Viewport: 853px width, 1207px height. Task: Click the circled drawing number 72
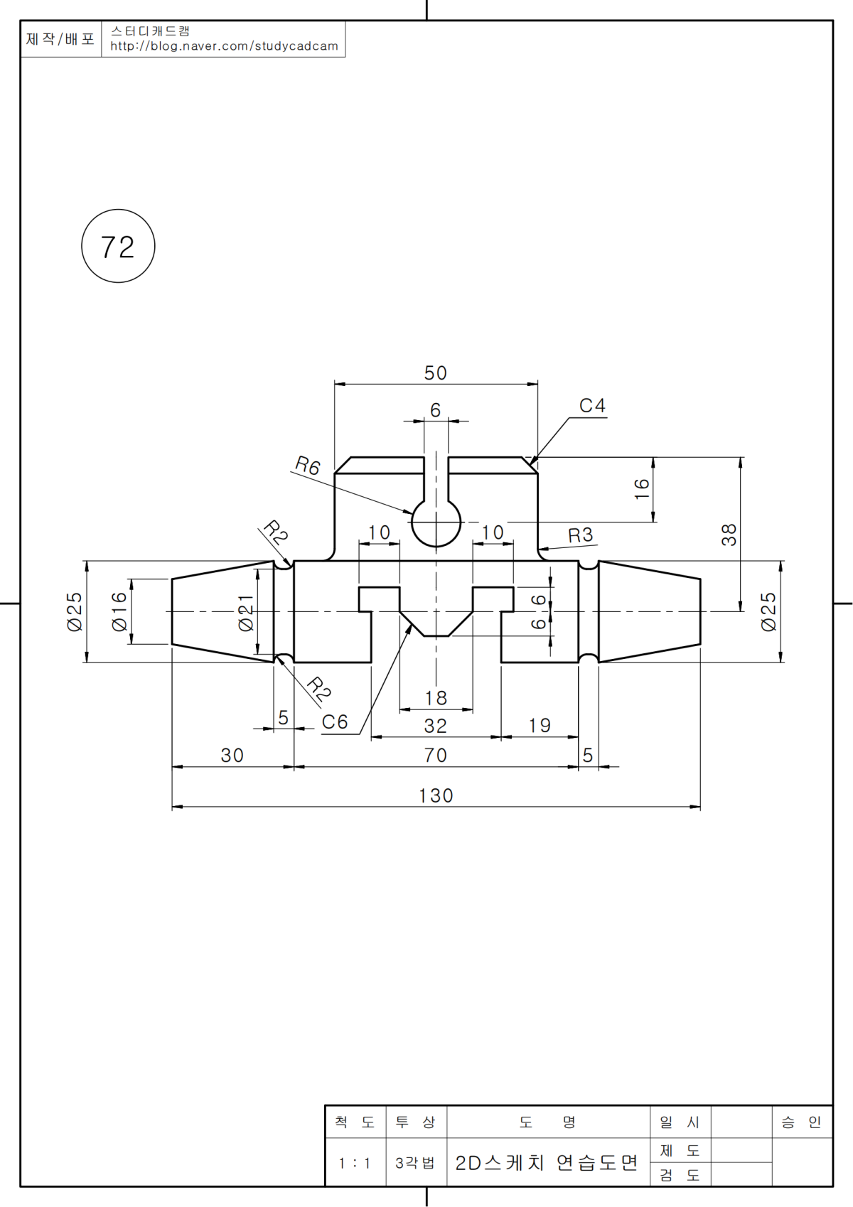pyautogui.click(x=118, y=247)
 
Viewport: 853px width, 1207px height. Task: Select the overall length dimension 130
pyautogui.click(x=436, y=795)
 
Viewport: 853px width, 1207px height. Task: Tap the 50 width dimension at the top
pyautogui.click(x=436, y=373)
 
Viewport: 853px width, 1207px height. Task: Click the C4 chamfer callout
pyautogui.click(x=592, y=406)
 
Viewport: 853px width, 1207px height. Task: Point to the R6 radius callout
pyautogui.click(x=308, y=466)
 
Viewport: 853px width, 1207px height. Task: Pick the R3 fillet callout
pyautogui.click(x=580, y=535)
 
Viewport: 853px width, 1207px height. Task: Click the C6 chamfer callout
pyautogui.click(x=335, y=722)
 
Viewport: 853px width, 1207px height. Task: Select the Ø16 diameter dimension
pyautogui.click(x=119, y=611)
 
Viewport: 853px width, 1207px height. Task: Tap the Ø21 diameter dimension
pyautogui.click(x=246, y=612)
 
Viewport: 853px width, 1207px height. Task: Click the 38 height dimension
pyautogui.click(x=729, y=535)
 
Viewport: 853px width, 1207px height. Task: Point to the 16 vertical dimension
pyautogui.click(x=642, y=488)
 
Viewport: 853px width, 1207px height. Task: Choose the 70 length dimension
pyautogui.click(x=436, y=755)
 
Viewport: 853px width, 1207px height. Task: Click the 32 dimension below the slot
pyautogui.click(x=436, y=726)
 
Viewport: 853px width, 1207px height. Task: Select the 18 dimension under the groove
pyautogui.click(x=436, y=698)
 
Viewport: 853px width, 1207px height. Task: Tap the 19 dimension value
pyautogui.click(x=540, y=726)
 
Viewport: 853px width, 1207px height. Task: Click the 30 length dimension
pyautogui.click(x=232, y=755)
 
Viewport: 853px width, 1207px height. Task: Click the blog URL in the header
pyautogui.click(x=224, y=46)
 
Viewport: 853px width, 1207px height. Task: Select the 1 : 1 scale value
pyautogui.click(x=355, y=1164)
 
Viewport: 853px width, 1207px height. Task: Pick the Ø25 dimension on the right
pyautogui.click(x=769, y=611)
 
